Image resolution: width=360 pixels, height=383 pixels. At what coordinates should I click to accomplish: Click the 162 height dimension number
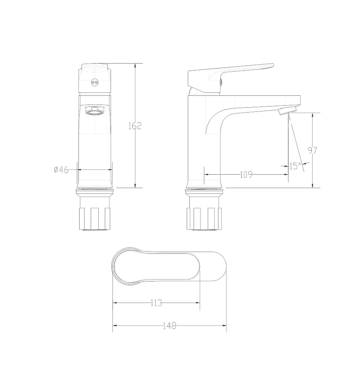135,126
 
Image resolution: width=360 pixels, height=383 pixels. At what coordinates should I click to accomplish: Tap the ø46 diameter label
61,170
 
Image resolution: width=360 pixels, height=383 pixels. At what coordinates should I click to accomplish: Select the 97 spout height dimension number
313,150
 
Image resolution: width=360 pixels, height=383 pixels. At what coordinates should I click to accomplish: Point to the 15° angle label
295,166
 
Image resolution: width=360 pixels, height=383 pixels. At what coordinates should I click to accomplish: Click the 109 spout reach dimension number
246,174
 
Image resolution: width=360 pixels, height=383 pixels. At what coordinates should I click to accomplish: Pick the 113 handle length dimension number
156,303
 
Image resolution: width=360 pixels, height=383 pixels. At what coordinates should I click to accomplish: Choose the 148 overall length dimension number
169,326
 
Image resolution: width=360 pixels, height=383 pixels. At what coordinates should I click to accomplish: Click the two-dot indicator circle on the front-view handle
95,82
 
